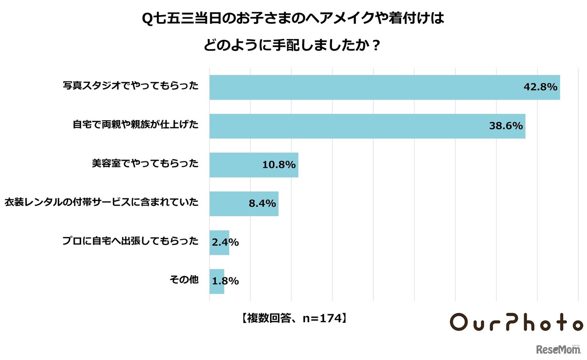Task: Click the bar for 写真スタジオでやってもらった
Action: pos(367,87)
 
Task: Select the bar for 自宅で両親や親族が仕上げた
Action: pos(349,126)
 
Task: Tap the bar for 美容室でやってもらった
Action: pos(238,165)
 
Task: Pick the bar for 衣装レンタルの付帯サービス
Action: pos(229,203)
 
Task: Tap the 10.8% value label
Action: pos(279,165)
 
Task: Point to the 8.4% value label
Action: pos(262,203)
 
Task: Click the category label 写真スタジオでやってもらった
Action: pos(131,86)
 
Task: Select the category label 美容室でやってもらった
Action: pos(145,163)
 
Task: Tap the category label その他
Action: pos(183,279)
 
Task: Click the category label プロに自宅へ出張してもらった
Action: pos(131,241)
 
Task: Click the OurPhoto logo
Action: pos(516,322)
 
